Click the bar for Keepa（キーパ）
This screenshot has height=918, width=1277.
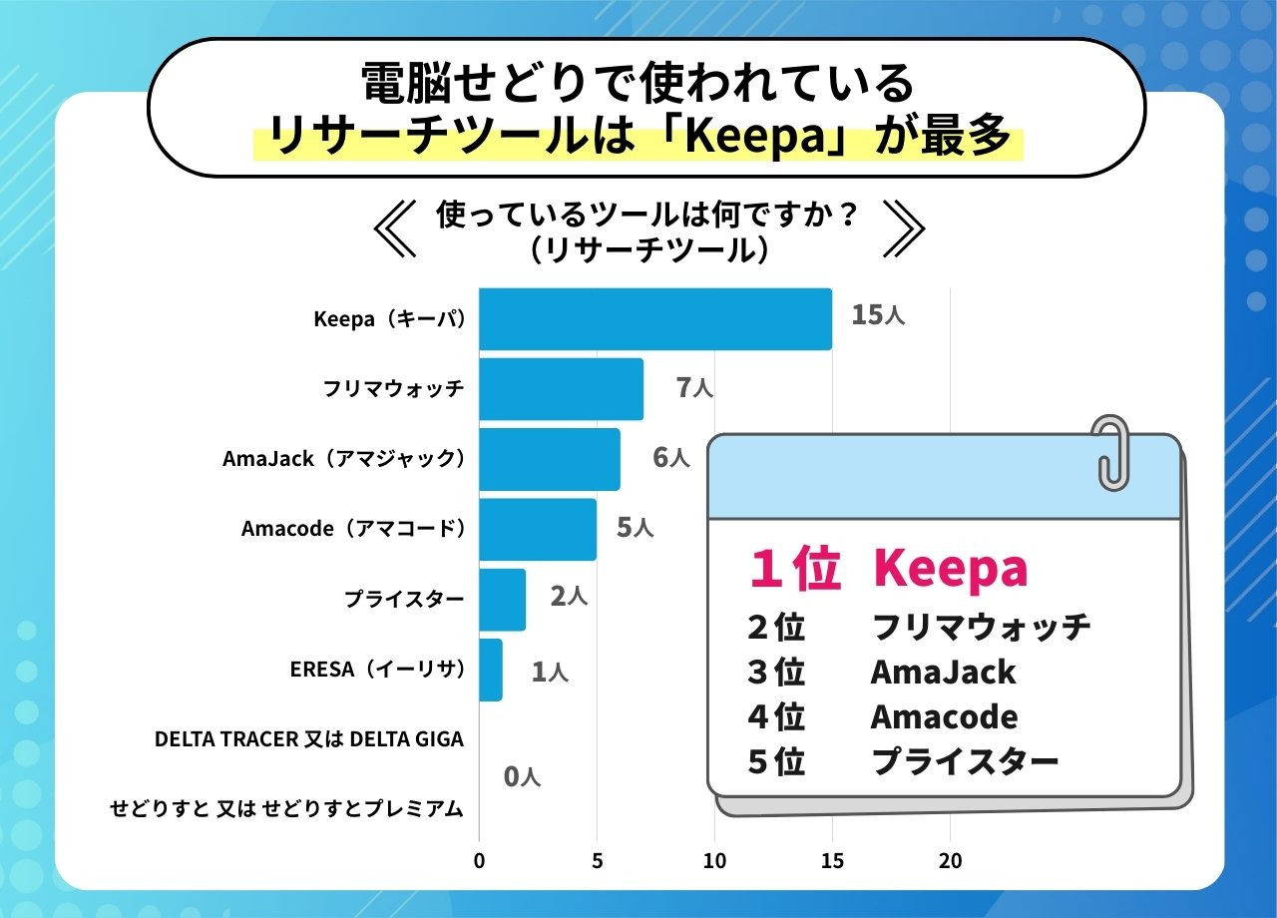(654, 319)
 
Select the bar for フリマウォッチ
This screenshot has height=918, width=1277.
(561, 389)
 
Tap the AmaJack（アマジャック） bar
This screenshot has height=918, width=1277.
(549, 459)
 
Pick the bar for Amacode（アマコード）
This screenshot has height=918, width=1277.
(537, 529)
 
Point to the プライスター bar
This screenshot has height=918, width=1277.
(502, 599)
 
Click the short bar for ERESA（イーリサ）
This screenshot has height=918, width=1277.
(490, 670)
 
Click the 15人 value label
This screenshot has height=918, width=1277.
(878, 316)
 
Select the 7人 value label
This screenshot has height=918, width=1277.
(694, 388)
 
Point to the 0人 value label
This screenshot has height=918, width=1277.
(522, 776)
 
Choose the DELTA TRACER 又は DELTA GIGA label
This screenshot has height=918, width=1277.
(309, 739)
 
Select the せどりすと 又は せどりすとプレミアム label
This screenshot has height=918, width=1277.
(286, 809)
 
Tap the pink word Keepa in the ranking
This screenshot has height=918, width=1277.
(949, 569)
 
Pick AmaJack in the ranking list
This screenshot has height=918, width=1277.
(943, 673)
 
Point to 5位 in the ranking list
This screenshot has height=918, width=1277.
(775, 762)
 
